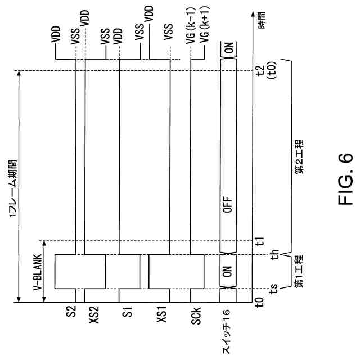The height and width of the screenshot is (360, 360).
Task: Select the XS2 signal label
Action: click(x=85, y=316)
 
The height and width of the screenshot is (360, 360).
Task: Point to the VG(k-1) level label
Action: click(x=192, y=32)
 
